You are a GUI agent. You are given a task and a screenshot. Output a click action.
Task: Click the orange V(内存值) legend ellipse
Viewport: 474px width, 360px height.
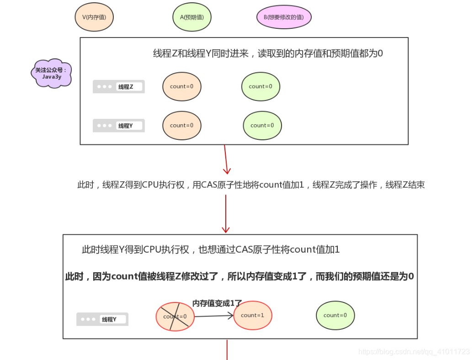point(94,17)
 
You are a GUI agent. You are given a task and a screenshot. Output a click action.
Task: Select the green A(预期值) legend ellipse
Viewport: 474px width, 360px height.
point(192,17)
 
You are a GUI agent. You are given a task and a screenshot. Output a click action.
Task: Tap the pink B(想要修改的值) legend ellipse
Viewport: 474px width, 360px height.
point(284,17)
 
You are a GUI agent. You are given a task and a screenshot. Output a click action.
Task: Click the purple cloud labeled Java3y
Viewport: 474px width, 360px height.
point(52,73)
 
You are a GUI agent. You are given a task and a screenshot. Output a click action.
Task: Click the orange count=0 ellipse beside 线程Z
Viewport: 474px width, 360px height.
point(181,86)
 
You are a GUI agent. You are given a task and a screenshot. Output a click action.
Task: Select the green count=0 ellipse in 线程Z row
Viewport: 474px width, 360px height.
point(261,86)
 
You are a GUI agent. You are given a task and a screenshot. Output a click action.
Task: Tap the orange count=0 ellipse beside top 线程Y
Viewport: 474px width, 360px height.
point(181,125)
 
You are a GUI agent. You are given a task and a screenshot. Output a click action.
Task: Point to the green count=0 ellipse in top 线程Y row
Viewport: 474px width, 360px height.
point(262,125)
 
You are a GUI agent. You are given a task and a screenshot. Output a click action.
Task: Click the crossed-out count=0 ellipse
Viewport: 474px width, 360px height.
point(175,316)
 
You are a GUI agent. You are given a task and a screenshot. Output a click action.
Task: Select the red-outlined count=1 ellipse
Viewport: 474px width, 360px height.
point(252,315)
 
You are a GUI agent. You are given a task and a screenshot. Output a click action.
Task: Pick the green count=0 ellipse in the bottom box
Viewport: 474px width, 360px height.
point(335,315)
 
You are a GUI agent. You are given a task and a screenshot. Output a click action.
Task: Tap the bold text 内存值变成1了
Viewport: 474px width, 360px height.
point(217,303)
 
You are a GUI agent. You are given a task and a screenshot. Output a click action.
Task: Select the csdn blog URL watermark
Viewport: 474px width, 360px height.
point(414,351)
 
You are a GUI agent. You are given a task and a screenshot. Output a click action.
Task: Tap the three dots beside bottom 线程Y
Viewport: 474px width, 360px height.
point(88,319)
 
